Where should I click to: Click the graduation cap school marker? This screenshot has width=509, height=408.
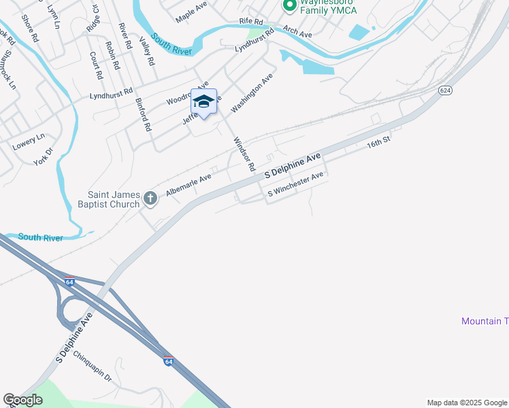[203, 102]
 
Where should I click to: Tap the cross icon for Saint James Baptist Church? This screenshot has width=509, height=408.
[150, 199]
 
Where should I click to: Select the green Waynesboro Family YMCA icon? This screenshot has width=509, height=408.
[289, 6]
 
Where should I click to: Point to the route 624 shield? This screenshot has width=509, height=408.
[446, 90]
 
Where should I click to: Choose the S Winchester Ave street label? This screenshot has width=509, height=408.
[295, 185]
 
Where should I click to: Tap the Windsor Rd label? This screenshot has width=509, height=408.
[244, 154]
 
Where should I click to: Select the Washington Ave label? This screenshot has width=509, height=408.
[251, 94]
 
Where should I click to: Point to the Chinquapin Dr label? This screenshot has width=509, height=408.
[92, 366]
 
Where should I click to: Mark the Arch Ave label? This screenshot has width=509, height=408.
[297, 32]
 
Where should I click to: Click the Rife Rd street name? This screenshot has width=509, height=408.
[250, 22]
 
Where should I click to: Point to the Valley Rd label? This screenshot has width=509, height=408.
[148, 51]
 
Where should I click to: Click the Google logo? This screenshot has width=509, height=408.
[22, 400]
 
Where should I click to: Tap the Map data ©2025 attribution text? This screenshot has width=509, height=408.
[466, 403]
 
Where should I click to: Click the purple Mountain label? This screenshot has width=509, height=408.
[485, 321]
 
